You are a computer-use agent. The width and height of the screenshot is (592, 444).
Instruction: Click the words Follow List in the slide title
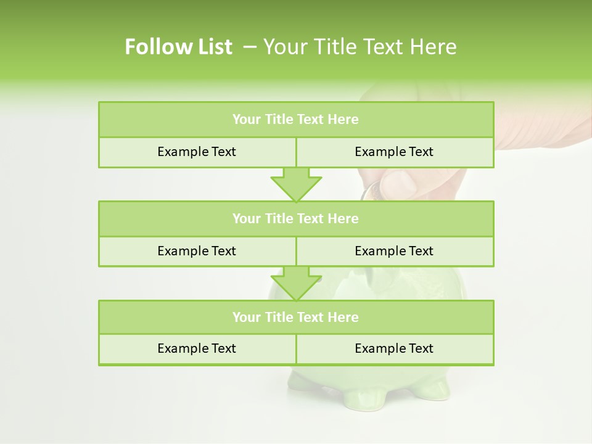coord(178,47)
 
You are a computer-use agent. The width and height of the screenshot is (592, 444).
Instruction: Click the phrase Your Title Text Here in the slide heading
coord(360,47)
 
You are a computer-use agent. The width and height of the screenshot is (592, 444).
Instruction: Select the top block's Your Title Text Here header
coord(295,120)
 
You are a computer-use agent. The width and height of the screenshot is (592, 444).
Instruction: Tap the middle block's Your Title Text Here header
coord(295,218)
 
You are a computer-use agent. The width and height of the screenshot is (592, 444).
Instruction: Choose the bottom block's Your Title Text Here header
coord(295,317)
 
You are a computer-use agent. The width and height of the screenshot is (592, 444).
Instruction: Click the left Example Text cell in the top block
coord(197,152)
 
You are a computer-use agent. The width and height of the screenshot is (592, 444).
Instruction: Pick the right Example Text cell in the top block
coord(394,152)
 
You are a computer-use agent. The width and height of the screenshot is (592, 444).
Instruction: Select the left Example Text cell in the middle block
coord(197,251)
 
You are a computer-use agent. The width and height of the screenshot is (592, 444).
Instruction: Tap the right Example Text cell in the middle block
coord(394,251)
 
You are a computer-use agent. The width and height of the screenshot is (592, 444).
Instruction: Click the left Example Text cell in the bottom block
coord(197,348)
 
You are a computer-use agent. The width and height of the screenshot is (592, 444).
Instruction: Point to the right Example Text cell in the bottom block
coord(394,348)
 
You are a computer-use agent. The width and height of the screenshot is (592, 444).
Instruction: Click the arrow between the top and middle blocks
coord(296,184)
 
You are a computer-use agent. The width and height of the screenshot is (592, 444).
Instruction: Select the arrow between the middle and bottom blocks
coord(296,284)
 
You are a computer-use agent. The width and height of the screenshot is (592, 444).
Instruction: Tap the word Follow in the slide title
coord(152,47)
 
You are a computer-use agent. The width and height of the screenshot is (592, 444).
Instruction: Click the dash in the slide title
coord(250,47)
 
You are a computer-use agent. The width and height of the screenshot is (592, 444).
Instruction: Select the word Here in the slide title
coord(434,47)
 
